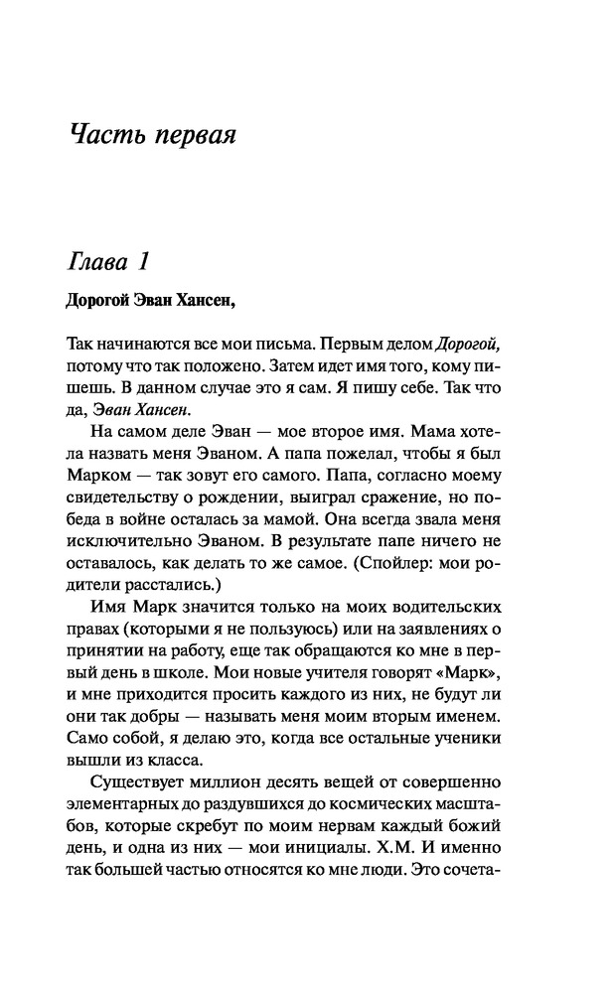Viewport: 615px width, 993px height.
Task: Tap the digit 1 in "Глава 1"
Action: pos(143,263)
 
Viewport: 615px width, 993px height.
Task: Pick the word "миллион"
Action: pos(218,786)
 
